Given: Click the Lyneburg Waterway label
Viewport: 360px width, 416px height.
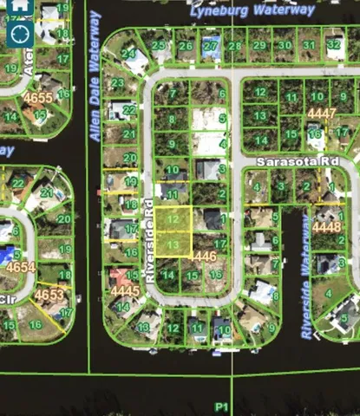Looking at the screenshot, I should (x=252, y=10).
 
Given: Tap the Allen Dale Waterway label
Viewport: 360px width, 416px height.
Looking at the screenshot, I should (x=95, y=83).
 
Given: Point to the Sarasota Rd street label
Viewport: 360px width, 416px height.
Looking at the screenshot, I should (x=294, y=162).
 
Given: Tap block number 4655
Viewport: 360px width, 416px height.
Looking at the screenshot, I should (x=37, y=99).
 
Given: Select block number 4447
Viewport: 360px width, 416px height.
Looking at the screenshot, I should (x=321, y=114).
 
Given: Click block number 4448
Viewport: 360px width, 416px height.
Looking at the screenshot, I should (x=326, y=227).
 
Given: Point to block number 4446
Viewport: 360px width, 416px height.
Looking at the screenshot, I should (x=201, y=257).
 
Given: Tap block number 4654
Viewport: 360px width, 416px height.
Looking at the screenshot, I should (x=20, y=267).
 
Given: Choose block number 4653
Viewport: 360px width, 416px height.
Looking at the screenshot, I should (x=49, y=295).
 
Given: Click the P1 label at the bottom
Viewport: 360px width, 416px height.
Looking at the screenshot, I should (x=222, y=406).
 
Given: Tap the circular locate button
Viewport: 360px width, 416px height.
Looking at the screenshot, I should (x=20, y=34).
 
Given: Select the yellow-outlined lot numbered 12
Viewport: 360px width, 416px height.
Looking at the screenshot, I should (x=175, y=220).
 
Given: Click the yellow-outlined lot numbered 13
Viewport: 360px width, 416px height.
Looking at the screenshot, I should (x=174, y=246).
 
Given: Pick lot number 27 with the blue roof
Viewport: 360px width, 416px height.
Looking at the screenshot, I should (x=210, y=45).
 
